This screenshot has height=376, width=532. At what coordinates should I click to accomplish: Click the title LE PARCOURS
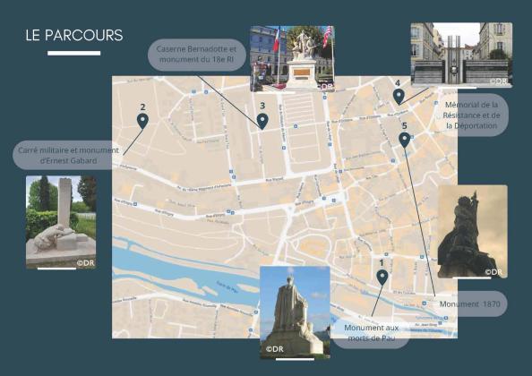point(74,36)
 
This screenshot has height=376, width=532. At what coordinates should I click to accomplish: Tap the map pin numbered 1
point(382,278)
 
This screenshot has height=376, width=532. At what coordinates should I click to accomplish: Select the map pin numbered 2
point(142,120)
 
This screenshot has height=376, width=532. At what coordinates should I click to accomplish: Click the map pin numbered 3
point(262,119)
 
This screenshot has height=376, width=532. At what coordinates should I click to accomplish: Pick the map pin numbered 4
point(398,96)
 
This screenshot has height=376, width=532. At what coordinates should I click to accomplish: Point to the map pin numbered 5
point(404,140)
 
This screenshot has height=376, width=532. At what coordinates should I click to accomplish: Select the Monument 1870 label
point(470,304)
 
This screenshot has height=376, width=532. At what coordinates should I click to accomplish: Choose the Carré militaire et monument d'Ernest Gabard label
point(68,156)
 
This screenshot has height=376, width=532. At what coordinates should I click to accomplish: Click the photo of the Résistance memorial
point(461,56)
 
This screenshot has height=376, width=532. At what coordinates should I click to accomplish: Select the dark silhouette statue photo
point(472,231)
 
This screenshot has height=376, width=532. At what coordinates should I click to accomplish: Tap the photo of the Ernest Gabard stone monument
point(61,222)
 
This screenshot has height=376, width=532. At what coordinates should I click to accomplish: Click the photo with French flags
point(292,58)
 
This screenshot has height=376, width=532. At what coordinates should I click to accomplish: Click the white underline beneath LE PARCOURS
point(73,54)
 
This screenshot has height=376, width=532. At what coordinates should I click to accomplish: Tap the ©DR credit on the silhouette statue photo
point(493,271)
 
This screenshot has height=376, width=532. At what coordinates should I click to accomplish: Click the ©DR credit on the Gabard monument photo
point(85,263)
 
